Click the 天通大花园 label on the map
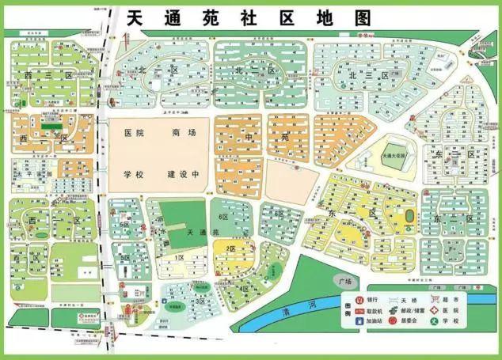(x=393, y=157)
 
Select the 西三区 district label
(x=36, y=75)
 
